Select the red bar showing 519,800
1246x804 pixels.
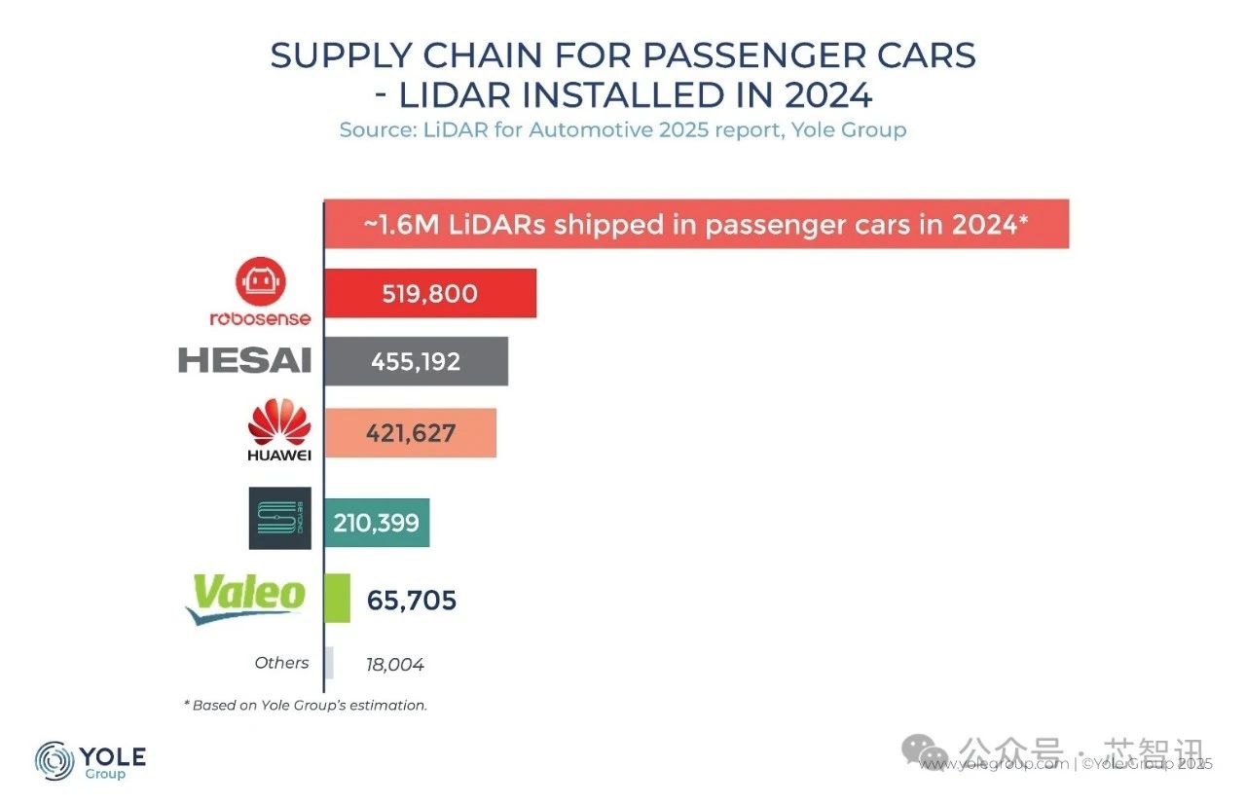[429, 293]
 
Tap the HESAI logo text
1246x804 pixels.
[244, 361]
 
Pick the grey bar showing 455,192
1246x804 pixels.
[416, 361]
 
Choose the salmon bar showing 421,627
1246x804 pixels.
[410, 433]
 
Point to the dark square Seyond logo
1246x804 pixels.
[279, 518]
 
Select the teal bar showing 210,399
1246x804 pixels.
[377, 523]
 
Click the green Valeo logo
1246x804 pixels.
[246, 596]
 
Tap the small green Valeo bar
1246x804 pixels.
[337, 598]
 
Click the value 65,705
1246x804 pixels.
[412, 601]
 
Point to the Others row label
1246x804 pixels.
[281, 663]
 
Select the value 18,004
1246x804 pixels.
[395, 665]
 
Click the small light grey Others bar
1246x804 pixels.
[329, 663]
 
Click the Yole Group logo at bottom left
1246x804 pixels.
[90, 761]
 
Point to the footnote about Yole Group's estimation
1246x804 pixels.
[305, 705]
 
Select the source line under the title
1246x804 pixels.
[623, 129]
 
